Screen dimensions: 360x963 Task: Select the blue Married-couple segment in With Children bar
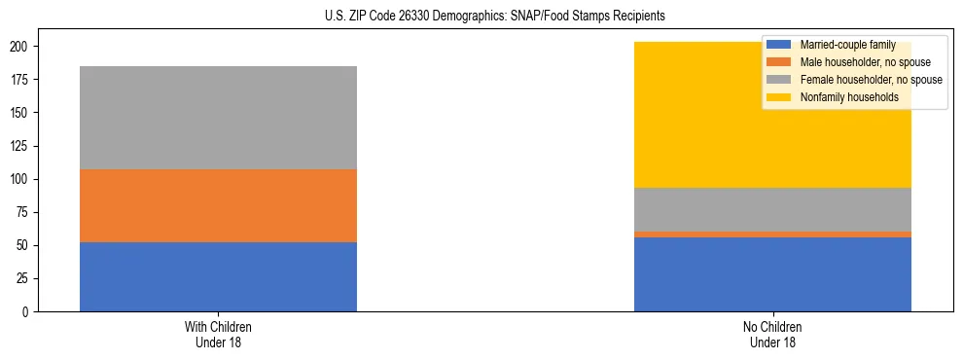click(218, 277)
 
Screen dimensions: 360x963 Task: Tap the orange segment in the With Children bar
click(218, 205)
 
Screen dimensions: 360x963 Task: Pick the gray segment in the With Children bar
click(218, 118)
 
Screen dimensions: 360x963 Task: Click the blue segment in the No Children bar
click(772, 274)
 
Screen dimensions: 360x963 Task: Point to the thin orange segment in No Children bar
click(772, 234)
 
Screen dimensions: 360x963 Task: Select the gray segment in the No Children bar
click(772, 209)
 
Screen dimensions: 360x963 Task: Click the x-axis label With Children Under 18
click(218, 334)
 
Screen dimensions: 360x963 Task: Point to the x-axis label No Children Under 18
click(772, 334)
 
